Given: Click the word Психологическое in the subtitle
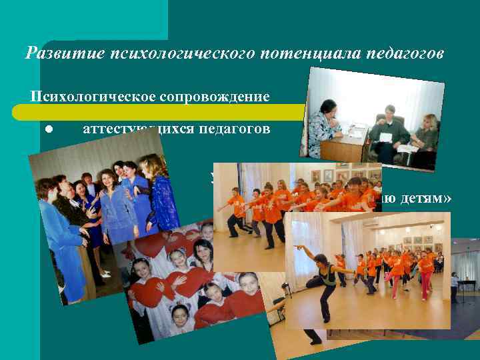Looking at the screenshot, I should point(92,97).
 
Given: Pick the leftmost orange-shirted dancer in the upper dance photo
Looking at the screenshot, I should point(235,211).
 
